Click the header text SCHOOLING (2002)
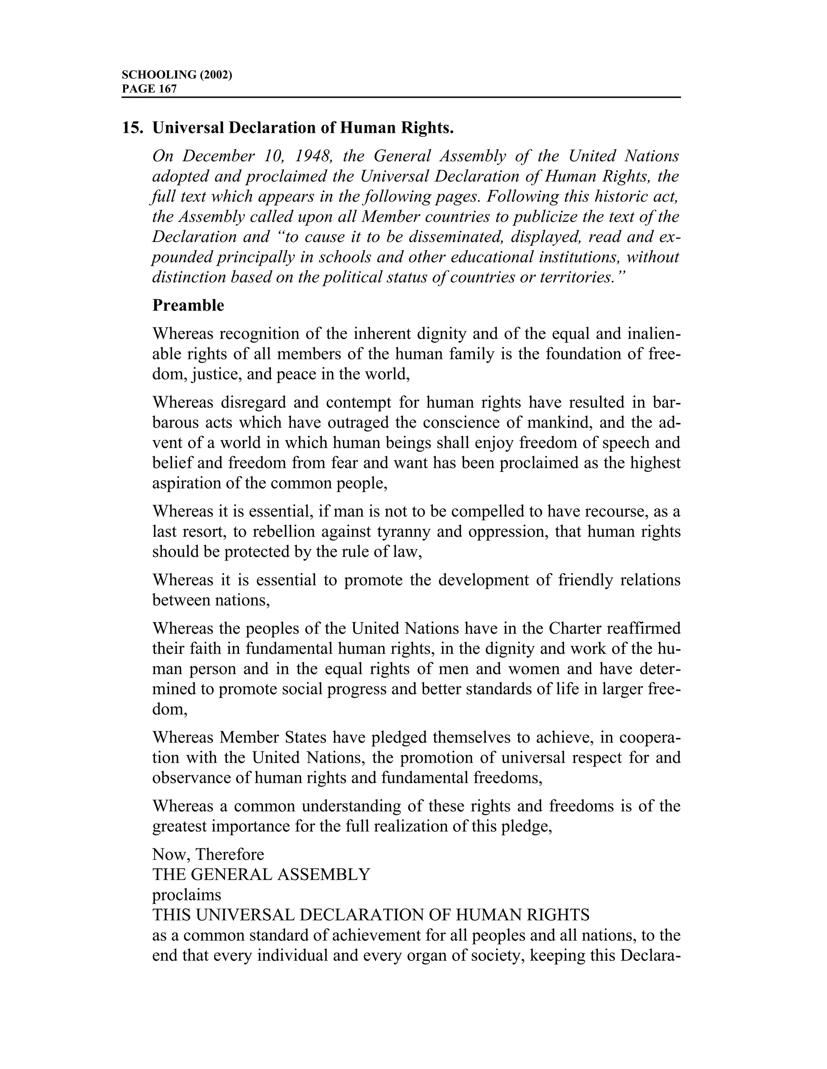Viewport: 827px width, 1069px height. pyautogui.click(x=176, y=75)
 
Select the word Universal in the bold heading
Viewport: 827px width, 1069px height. pyautogui.click(x=188, y=128)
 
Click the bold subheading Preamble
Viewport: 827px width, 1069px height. pyautogui.click(x=188, y=305)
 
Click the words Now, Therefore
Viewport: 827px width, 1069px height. pyautogui.click(x=208, y=855)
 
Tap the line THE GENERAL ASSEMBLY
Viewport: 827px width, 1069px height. pyautogui.click(x=261, y=875)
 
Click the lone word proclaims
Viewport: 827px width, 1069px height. pyautogui.click(x=187, y=895)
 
